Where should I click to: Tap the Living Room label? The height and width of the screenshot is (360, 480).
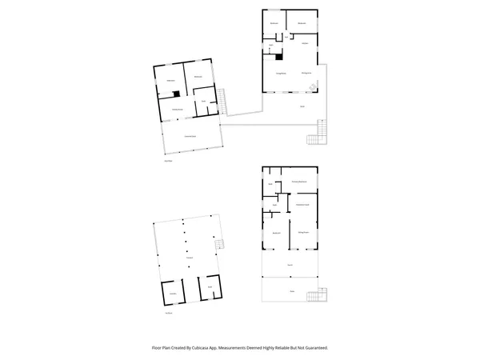(281, 74)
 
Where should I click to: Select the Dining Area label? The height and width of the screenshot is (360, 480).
(306, 74)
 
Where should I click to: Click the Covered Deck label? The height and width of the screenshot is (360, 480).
(191, 138)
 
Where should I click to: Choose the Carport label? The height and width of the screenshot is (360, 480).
(190, 257)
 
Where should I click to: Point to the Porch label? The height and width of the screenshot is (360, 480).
(290, 265)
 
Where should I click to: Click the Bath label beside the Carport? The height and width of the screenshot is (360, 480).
(210, 286)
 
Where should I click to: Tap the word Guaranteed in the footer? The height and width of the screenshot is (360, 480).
(314, 348)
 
